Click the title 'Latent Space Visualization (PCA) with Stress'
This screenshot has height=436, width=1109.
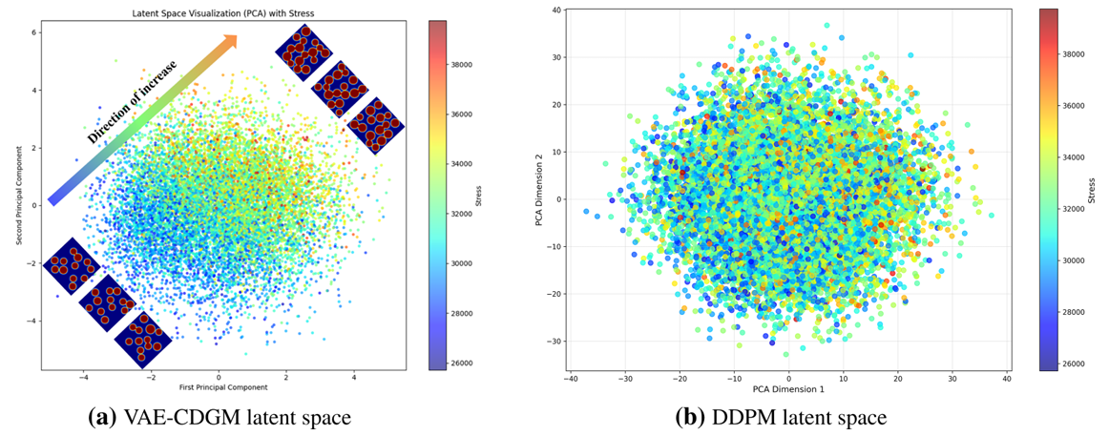219,12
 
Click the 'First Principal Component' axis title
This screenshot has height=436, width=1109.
219,386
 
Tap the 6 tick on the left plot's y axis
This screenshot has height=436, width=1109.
35,32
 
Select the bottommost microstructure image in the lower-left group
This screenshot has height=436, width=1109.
143,339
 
